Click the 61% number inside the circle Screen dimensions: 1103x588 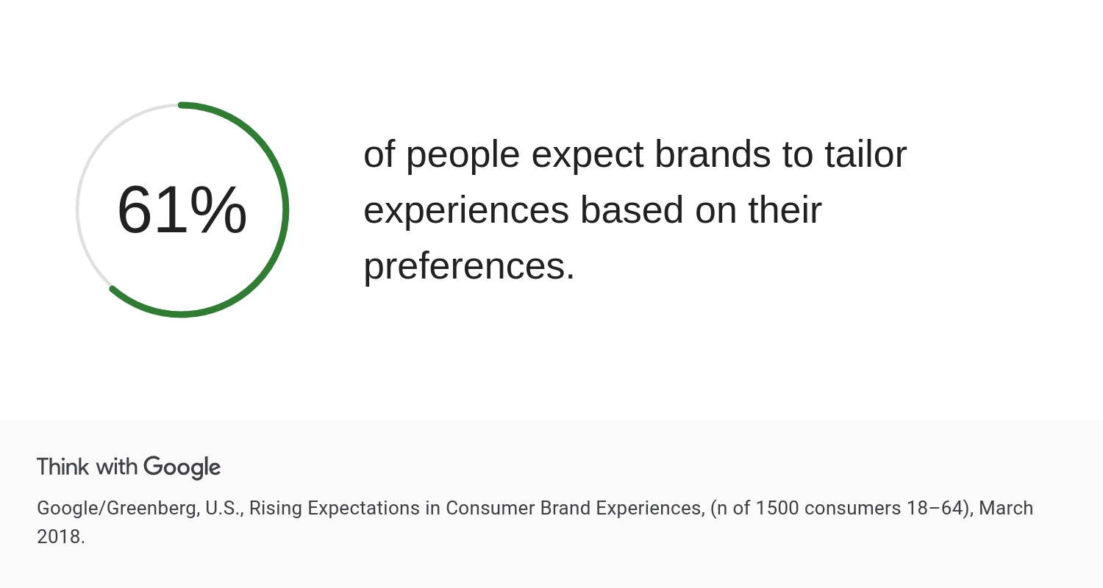pyautogui.click(x=182, y=210)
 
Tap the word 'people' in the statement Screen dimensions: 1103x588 pyautogui.click(x=463, y=156)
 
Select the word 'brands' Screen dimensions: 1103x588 pyautogui.click(x=713, y=154)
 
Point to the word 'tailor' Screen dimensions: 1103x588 pyautogui.click(x=865, y=154)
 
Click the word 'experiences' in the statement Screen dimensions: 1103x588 pyautogui.click(x=466, y=211)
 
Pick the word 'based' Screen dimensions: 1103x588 pyautogui.click(x=632, y=209)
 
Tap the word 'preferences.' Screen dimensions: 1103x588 pyautogui.click(x=469, y=266)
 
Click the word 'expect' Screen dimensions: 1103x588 pyautogui.click(x=588, y=156)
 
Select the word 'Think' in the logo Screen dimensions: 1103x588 pyautogui.click(x=63, y=467)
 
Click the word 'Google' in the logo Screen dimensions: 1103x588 pyautogui.click(x=182, y=467)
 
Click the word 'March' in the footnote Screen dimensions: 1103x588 pyautogui.click(x=1006, y=509)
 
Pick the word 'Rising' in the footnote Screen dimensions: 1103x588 pyautogui.click(x=275, y=509)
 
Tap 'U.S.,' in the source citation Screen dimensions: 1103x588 pyautogui.click(x=224, y=509)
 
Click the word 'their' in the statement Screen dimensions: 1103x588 pyautogui.click(x=785, y=209)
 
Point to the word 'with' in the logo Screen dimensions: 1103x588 pyautogui.click(x=116, y=467)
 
